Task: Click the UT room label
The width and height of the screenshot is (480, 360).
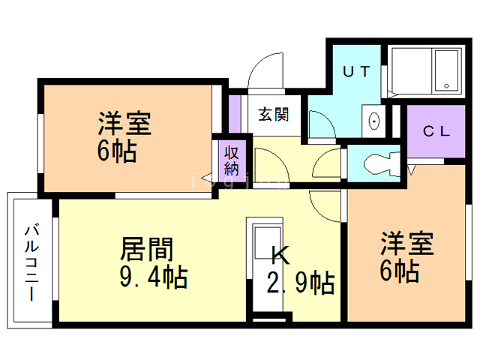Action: pyautogui.click(x=356, y=72)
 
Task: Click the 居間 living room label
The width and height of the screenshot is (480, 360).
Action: pyautogui.click(x=147, y=248)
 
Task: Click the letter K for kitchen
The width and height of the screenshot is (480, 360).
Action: pyautogui.click(x=279, y=255)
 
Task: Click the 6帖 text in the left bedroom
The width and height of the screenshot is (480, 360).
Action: pyautogui.click(x=116, y=152)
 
